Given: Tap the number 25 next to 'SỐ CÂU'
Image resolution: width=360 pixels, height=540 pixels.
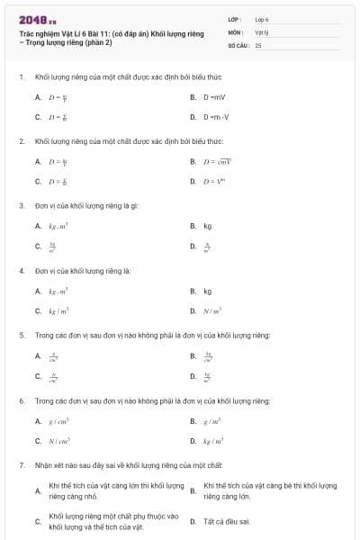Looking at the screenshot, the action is [257, 44].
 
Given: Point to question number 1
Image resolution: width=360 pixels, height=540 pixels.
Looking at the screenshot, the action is [21, 77].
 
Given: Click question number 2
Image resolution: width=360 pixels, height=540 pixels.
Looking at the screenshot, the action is [21, 141].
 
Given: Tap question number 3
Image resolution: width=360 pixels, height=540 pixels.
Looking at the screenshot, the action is [21, 205].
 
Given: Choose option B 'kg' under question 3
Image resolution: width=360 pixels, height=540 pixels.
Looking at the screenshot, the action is [207, 226].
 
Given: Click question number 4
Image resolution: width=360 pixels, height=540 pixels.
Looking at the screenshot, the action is [21, 270].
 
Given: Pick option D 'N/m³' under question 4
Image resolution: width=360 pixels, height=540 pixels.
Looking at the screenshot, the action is [212, 310].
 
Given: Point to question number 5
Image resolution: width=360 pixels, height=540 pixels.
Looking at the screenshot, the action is [21, 335].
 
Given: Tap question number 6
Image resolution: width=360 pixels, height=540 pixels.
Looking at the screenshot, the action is [21, 400].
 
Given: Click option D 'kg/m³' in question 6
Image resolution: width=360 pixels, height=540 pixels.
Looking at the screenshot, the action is [213, 440].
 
